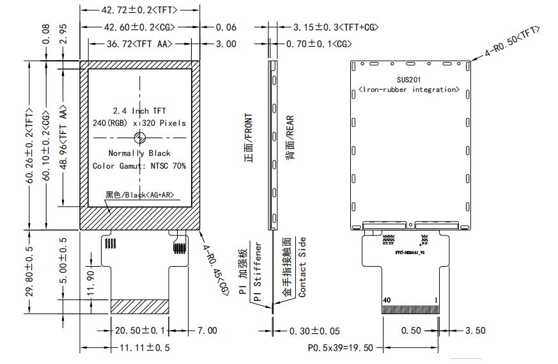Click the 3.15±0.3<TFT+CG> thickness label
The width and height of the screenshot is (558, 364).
click(336, 28)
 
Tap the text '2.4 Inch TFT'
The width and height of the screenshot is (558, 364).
click(139, 111)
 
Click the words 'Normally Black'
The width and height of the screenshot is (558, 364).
click(139, 153)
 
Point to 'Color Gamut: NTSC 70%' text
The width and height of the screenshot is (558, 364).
click(139, 166)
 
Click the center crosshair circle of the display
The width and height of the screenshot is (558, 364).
click(141, 136)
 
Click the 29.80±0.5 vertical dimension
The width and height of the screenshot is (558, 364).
click(30, 271)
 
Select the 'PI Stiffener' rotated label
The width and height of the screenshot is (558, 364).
click(258, 272)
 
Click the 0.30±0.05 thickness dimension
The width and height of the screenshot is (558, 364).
click(314, 331)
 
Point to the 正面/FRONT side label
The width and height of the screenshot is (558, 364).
click(249, 138)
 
